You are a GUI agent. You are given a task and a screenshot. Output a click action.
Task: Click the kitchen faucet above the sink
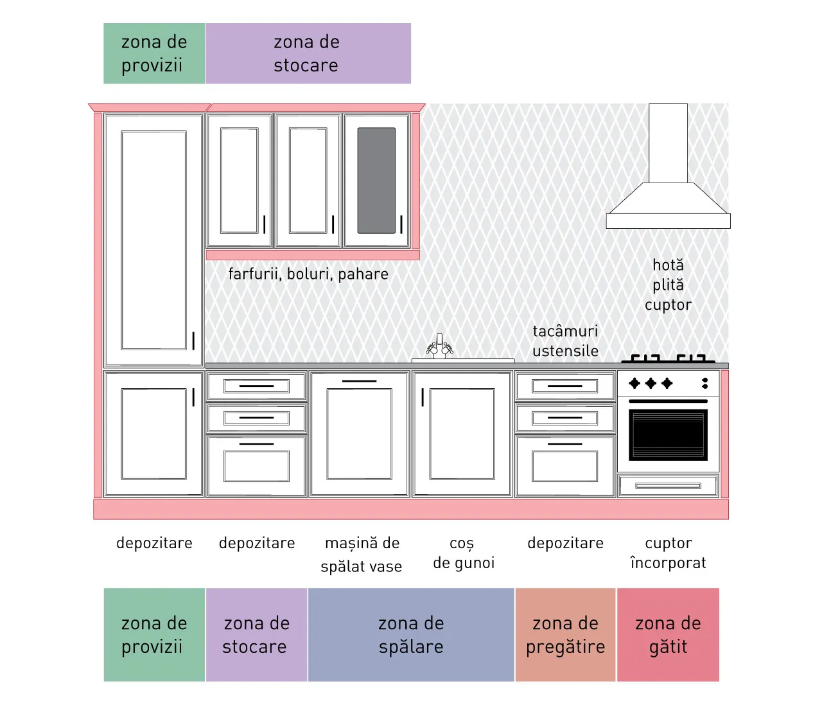439,346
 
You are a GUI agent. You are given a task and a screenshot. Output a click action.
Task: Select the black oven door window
668,434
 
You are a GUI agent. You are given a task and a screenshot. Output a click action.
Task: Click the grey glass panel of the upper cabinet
376,181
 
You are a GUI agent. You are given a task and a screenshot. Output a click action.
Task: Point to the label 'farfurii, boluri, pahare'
308,274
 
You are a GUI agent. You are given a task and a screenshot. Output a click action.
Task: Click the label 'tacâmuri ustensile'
565,341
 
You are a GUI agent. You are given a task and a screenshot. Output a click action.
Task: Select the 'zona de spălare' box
411,634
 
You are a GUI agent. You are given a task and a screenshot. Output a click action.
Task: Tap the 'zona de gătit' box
668,634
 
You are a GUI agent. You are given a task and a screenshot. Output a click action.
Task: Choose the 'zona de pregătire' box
565,634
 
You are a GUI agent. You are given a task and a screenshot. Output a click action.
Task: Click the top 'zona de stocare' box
308,53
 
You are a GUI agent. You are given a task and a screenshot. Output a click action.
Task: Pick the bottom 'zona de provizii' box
154,634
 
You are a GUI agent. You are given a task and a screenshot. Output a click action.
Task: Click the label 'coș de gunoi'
463,553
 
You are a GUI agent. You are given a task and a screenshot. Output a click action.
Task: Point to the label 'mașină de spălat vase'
362,555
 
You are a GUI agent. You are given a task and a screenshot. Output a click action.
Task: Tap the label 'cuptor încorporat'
668,553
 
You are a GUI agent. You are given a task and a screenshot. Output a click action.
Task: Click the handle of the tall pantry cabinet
193,341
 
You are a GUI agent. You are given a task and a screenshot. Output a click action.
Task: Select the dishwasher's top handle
359,381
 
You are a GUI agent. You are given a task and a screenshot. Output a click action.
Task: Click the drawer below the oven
668,486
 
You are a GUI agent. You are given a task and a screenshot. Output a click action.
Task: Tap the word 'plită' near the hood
668,285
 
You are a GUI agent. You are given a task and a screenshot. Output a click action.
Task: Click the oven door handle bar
668,401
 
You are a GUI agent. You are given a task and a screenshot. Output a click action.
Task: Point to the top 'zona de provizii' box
154,53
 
